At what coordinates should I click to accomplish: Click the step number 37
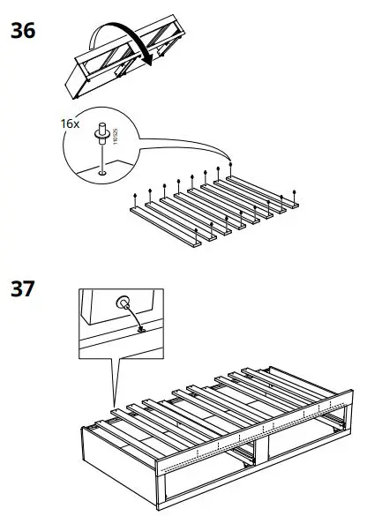pos(23,288)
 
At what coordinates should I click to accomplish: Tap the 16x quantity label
pos(70,124)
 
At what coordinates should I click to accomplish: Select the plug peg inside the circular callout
pos(103,132)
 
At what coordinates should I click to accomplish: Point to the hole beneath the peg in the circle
pos(103,173)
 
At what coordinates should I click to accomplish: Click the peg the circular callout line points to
pos(231,161)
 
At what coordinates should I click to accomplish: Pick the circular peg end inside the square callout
pos(121,300)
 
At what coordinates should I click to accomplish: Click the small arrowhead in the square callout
pos(139,330)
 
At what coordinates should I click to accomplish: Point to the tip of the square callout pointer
pos(114,408)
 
